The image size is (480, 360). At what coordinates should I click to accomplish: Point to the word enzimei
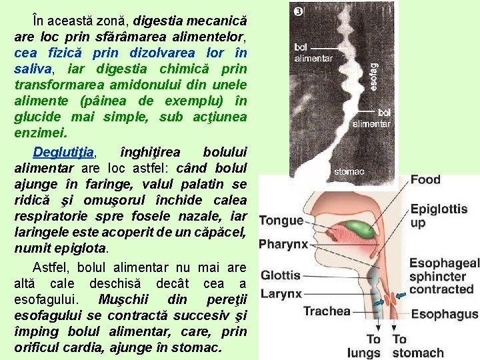point(41,133)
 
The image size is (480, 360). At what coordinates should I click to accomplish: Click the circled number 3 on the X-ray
point(299,11)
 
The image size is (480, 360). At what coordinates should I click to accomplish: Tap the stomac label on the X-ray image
point(349,171)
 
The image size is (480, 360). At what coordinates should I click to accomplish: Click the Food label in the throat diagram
point(425,179)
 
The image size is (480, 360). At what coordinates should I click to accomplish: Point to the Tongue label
point(281,221)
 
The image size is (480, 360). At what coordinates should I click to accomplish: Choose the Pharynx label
point(283,243)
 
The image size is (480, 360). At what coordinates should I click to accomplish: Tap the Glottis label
point(281,275)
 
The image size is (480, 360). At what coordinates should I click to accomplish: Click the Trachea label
point(327,311)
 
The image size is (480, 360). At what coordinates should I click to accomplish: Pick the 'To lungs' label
point(364,346)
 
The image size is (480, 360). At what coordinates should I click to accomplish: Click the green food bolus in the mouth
point(361,229)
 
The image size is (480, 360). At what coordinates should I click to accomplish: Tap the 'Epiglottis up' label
point(439,215)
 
